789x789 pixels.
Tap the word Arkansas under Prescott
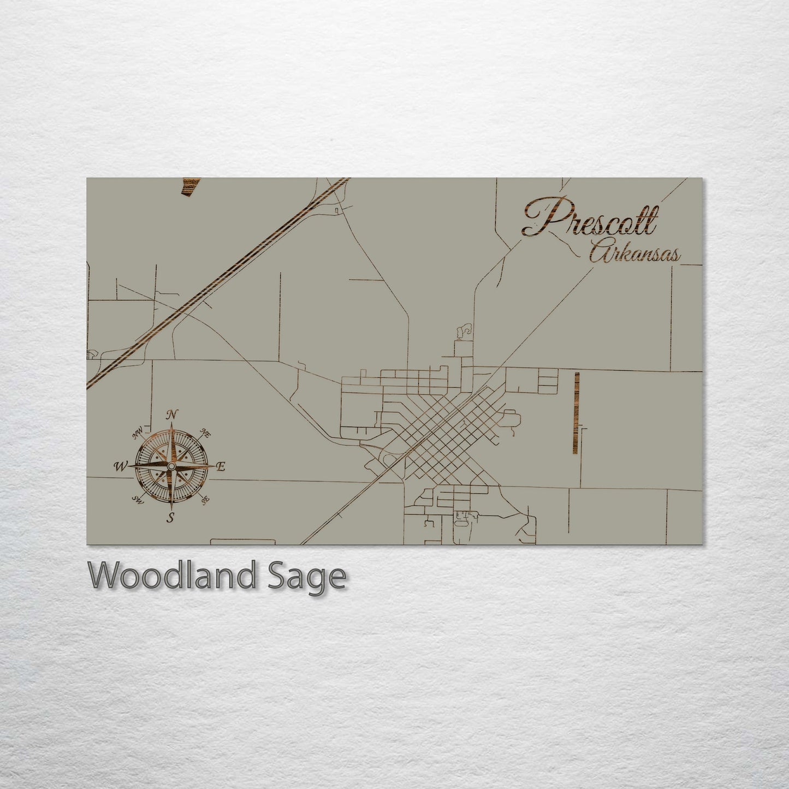pos(634,254)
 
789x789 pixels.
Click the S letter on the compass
pos(171,518)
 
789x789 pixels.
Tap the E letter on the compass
pos(221,467)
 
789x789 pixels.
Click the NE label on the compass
pos(206,434)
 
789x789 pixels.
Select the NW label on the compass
pos(137,435)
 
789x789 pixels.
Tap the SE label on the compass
pos(205,500)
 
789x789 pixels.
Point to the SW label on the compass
pos(138,500)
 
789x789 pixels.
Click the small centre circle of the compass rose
pos(171,467)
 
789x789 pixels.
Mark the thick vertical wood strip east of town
pos(576,413)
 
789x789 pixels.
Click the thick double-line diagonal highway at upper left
pos(218,284)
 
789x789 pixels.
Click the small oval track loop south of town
pos(461,523)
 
